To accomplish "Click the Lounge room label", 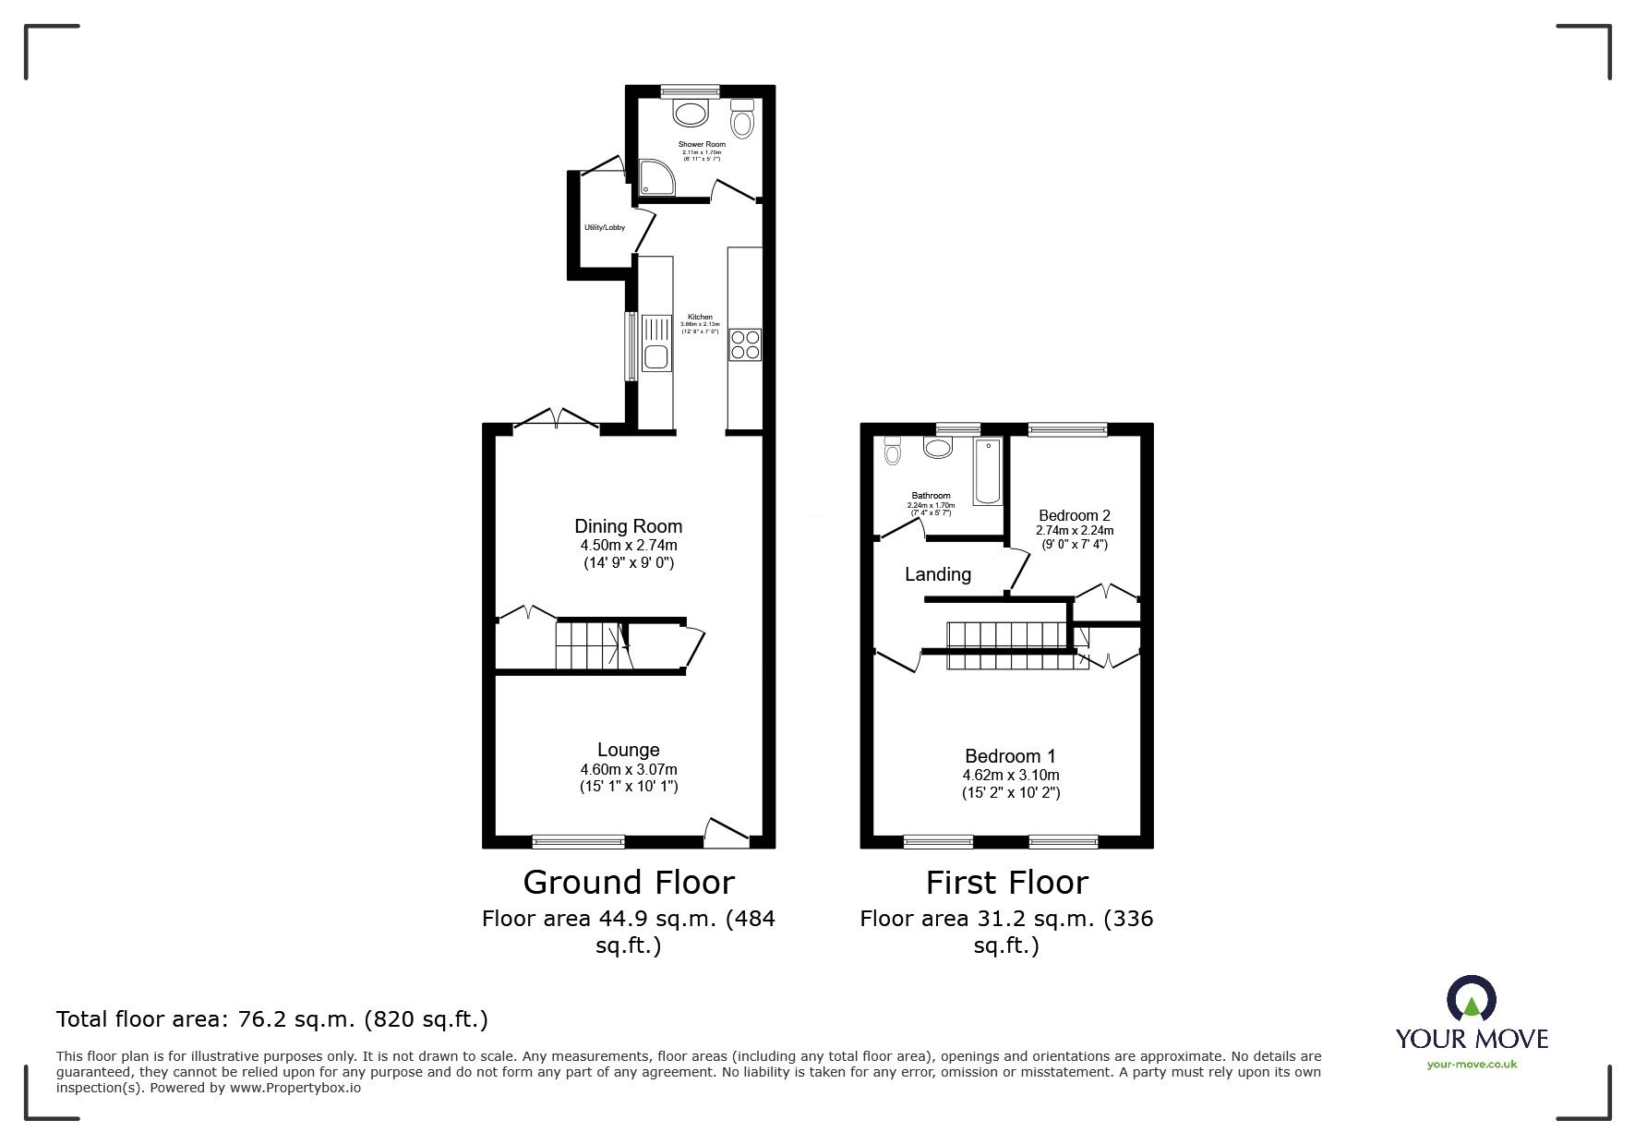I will click(x=628, y=750).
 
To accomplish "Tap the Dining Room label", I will click(x=628, y=526).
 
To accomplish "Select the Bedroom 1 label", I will click(x=1010, y=756).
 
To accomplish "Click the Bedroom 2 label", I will click(x=1074, y=515).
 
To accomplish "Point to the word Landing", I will click(x=937, y=574).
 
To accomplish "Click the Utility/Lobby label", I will click(x=604, y=227).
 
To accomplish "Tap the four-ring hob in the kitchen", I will click(x=745, y=344).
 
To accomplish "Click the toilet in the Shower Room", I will click(x=742, y=120).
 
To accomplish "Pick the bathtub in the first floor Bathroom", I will click(x=988, y=472).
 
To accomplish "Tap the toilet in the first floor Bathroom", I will click(x=892, y=451).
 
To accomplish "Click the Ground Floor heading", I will click(x=628, y=883).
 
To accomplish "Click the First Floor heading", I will click(x=1006, y=883).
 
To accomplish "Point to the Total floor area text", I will click(x=272, y=1019).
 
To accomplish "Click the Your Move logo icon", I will click(x=1472, y=1000).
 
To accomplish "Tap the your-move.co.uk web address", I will click(x=1472, y=1065).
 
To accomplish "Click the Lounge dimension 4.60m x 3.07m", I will click(x=628, y=769).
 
